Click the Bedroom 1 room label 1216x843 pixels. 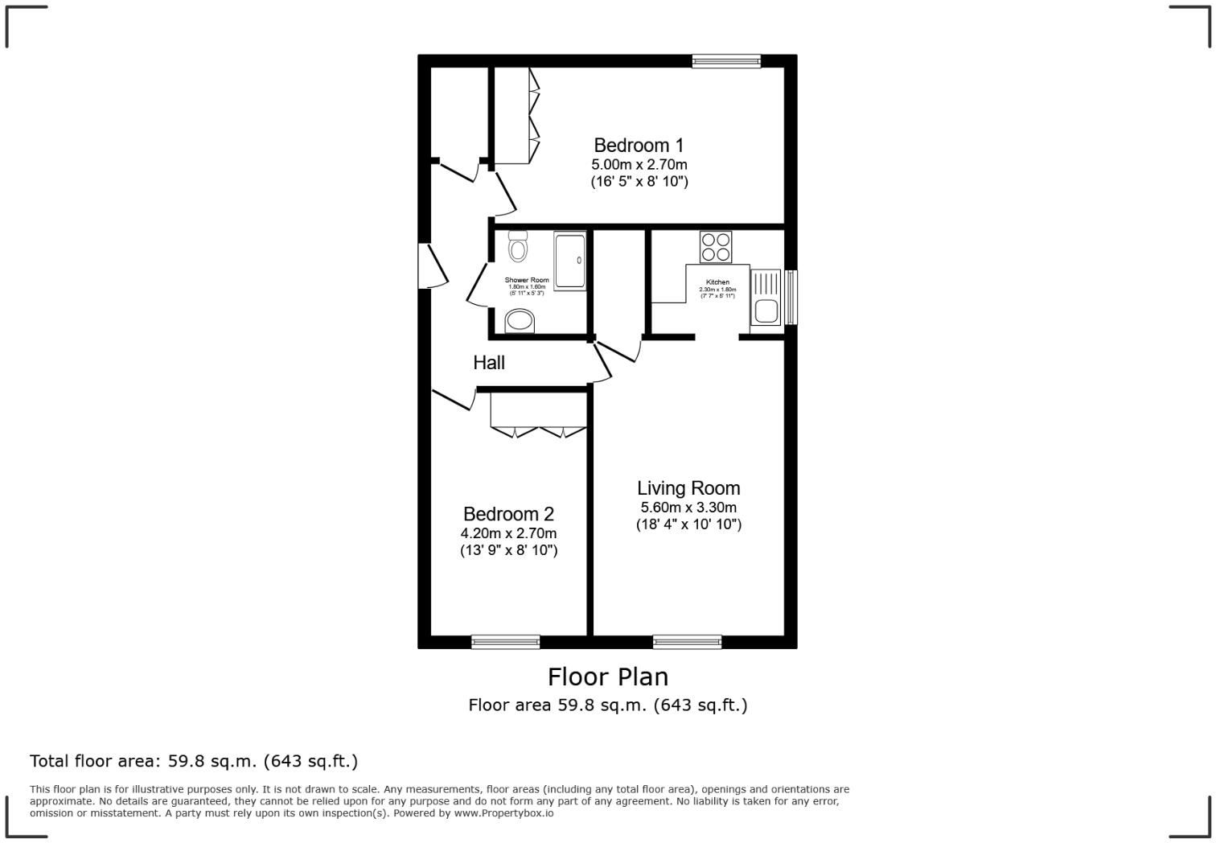639,146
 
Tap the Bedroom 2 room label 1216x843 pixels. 508,514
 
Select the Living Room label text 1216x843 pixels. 688,488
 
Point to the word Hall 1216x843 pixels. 489,363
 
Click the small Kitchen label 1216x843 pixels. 717,282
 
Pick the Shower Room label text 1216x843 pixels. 527,280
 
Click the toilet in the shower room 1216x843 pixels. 518,247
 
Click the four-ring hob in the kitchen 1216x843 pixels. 716,246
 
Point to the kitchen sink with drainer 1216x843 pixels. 765,297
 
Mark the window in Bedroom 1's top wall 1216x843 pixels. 726,60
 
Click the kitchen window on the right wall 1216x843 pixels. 791,297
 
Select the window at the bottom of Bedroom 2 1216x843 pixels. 505,641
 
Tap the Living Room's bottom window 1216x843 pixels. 687,641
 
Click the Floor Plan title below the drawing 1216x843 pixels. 608,676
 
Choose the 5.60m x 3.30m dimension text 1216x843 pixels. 688,508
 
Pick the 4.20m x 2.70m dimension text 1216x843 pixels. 508,533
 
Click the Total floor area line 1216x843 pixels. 194,761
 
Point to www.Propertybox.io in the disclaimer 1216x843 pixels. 503,813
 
